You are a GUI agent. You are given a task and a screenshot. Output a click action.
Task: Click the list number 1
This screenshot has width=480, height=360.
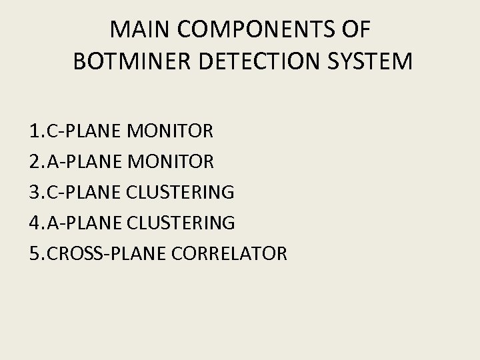coord(34,131)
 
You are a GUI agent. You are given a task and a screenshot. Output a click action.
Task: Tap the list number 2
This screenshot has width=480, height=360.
coord(34,162)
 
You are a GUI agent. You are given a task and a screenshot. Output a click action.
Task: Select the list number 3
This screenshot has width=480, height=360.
coord(34,193)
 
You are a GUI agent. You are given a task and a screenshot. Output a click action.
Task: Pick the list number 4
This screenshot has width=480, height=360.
coord(34,223)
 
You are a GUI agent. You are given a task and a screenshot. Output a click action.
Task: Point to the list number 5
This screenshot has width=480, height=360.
coord(34,254)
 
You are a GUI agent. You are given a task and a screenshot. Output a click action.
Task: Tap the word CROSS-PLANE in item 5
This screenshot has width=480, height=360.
coord(106,254)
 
